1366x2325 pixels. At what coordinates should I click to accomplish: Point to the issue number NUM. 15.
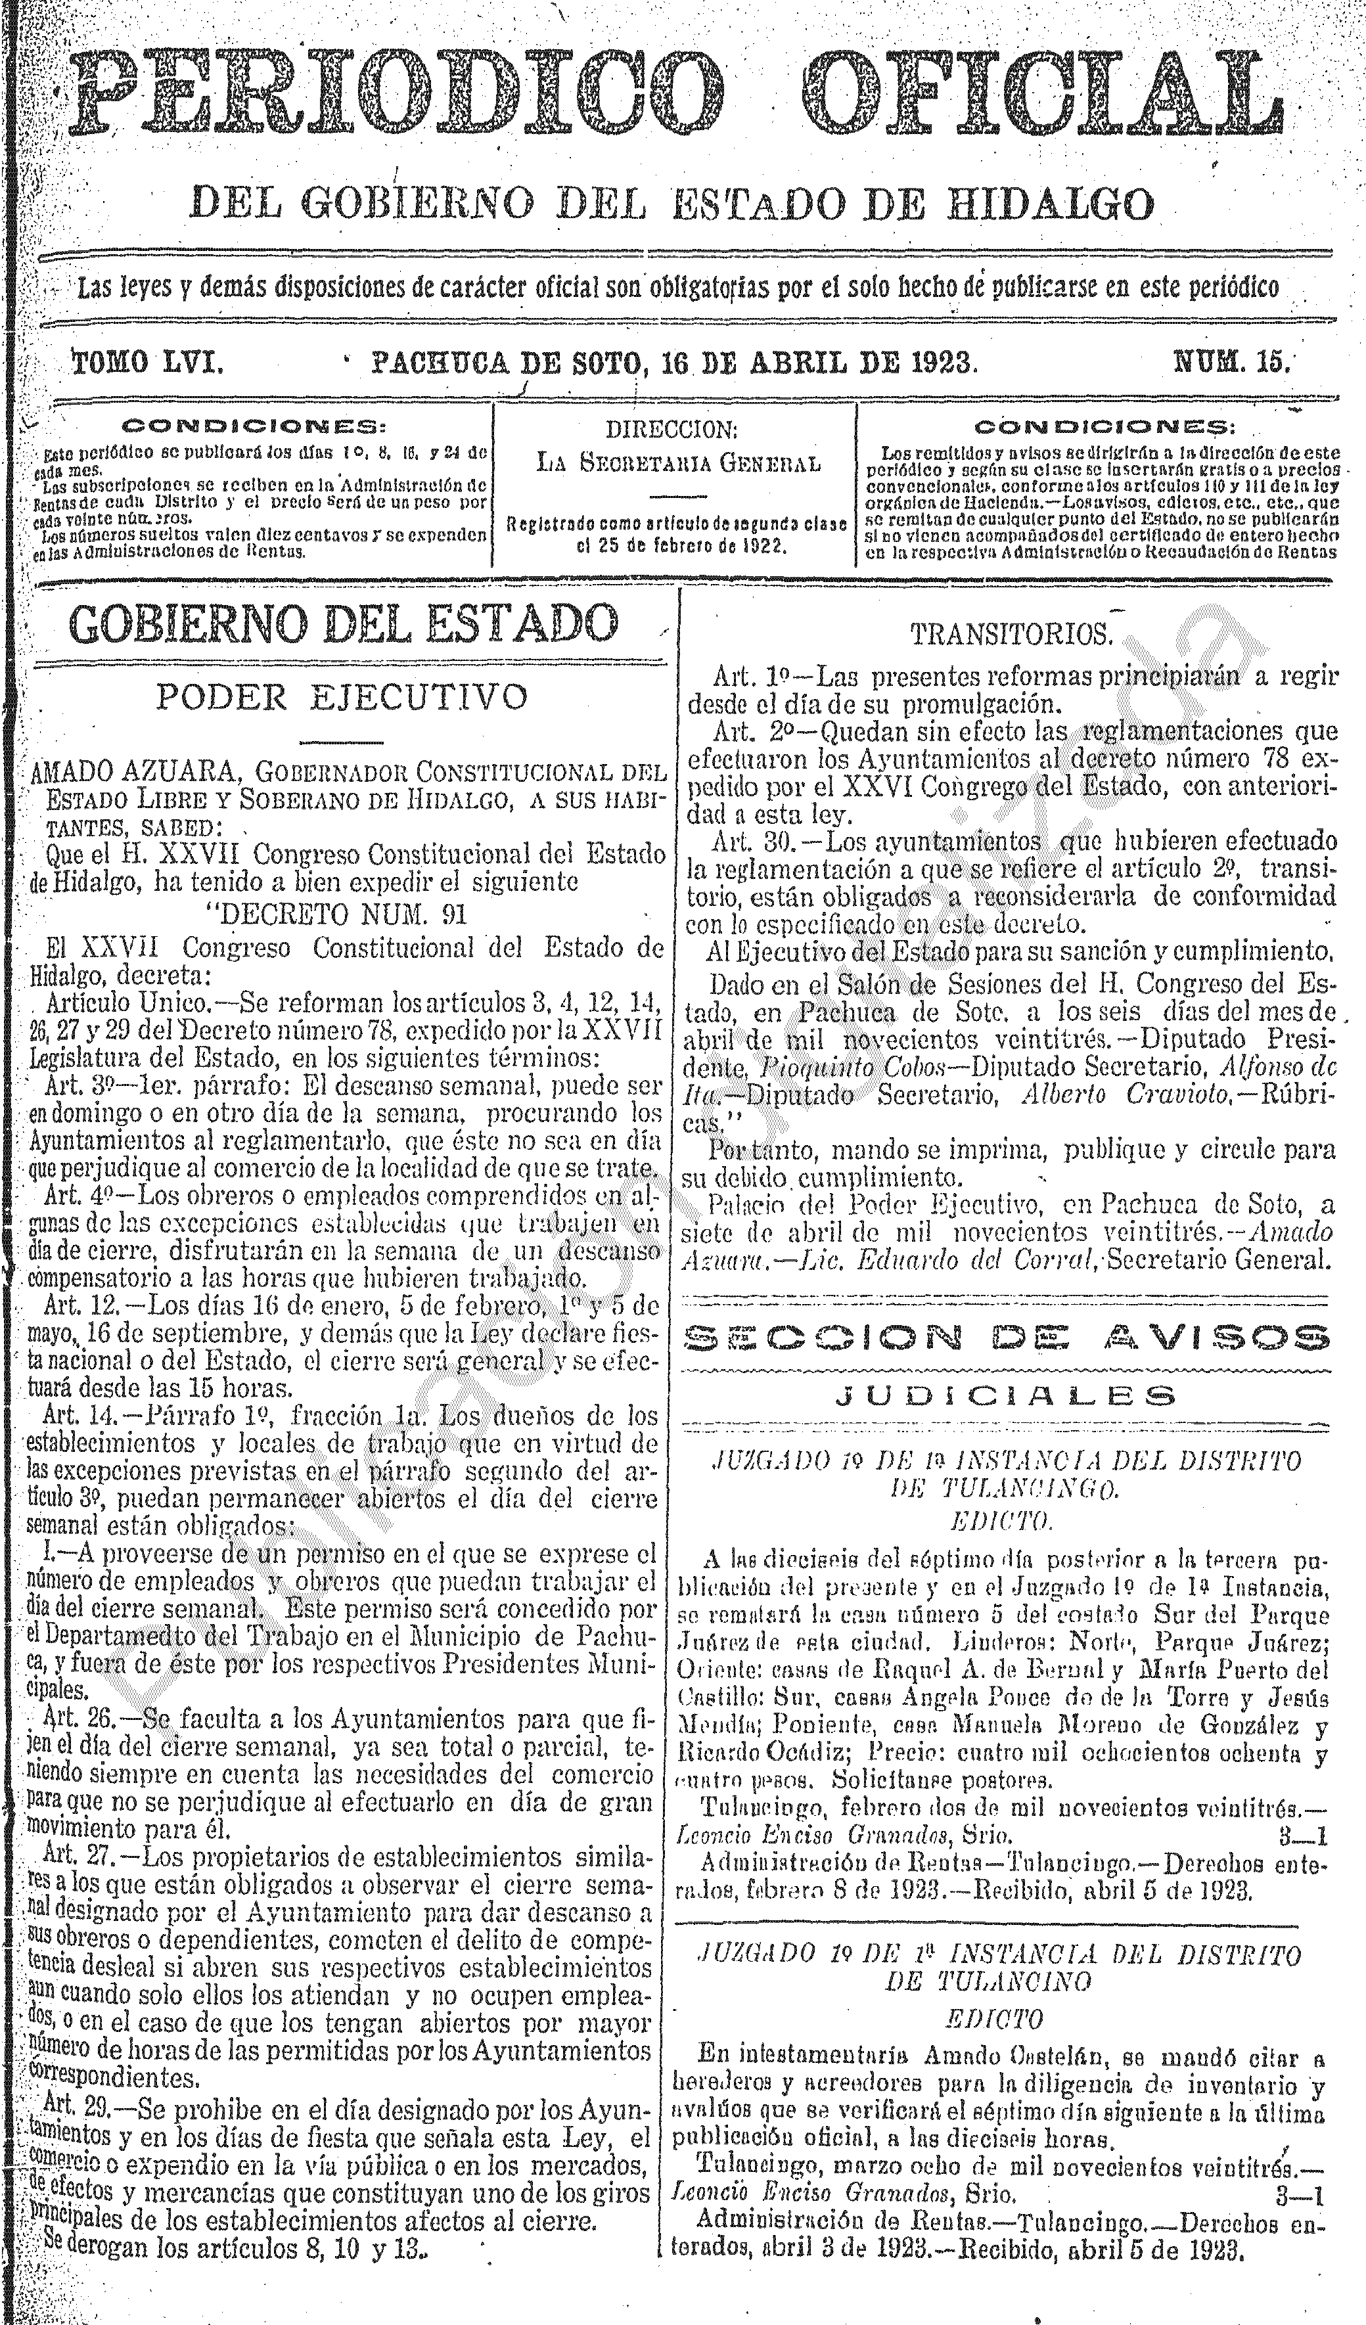click(x=1231, y=362)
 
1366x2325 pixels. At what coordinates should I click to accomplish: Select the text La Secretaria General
click(x=678, y=463)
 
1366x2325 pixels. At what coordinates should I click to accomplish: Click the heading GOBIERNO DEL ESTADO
click(x=344, y=625)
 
